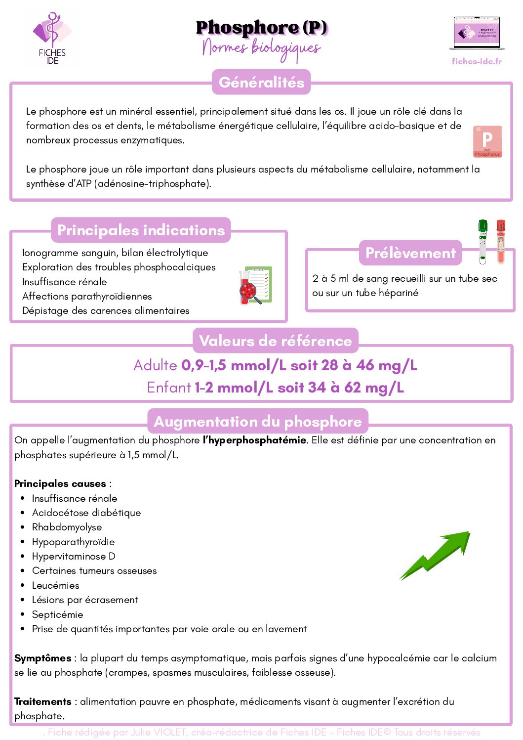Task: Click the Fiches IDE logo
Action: tap(52, 39)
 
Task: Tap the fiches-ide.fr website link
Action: tap(477, 61)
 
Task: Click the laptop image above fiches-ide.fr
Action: tap(477, 34)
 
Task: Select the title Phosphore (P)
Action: tap(261, 28)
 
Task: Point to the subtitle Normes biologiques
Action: tap(261, 48)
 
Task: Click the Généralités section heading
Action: tap(261, 82)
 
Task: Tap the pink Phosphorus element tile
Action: tap(487, 141)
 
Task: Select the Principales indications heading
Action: tap(141, 230)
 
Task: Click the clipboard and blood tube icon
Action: tap(255, 286)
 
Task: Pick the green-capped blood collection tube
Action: tap(483, 241)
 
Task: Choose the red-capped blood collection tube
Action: tap(501, 241)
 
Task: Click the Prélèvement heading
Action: tap(410, 253)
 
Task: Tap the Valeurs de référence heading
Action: tap(275, 341)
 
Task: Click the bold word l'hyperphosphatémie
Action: tap(254, 440)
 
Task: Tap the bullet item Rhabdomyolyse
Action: tap(67, 527)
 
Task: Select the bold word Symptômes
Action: tap(43, 658)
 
